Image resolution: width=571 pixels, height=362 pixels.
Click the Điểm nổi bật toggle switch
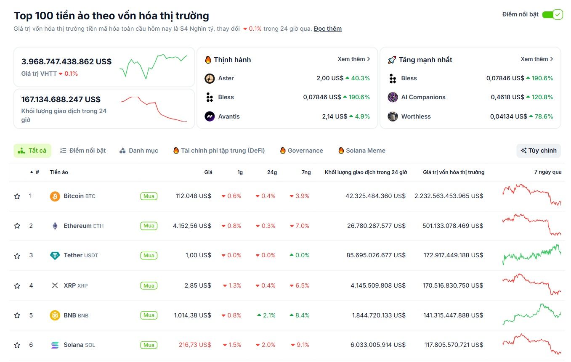(552, 15)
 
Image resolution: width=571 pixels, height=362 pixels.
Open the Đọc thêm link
(327, 29)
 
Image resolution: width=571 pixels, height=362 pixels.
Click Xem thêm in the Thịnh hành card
(353, 59)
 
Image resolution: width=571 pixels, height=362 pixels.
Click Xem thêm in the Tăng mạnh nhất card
(536, 59)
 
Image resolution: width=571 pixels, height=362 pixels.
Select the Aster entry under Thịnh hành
(226, 78)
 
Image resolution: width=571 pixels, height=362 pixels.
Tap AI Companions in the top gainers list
(423, 97)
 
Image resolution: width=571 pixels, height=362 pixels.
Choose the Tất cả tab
(32, 151)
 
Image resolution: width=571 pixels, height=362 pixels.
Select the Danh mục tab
(139, 151)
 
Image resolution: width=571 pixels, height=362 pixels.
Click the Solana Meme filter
(361, 151)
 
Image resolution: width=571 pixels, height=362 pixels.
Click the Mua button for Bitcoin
(149, 196)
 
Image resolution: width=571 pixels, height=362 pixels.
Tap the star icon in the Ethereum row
(17, 226)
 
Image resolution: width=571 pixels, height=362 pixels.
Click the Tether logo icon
(55, 256)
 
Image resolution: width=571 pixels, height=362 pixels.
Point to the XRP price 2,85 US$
(197, 285)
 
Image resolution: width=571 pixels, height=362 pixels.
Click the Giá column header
(208, 172)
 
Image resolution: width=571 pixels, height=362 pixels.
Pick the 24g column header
(272, 172)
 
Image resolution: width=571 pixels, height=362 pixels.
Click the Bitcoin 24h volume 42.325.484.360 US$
(375, 196)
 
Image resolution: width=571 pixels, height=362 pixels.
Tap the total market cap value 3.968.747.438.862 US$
(66, 62)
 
